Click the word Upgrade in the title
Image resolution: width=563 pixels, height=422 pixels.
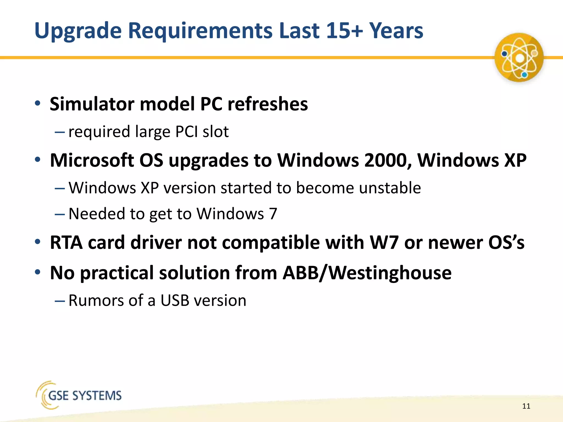[x=78, y=31]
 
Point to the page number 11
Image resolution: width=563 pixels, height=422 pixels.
[x=526, y=406]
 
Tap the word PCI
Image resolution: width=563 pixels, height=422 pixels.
[x=186, y=132]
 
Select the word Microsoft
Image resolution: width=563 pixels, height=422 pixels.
[x=92, y=160]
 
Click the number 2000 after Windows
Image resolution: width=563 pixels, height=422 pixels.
[x=388, y=160]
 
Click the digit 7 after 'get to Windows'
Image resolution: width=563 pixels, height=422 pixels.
[x=273, y=214]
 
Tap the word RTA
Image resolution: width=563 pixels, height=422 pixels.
[x=66, y=243]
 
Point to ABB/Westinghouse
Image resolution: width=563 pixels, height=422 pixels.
[x=367, y=273]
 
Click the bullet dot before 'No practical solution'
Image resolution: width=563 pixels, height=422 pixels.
[x=38, y=272]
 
